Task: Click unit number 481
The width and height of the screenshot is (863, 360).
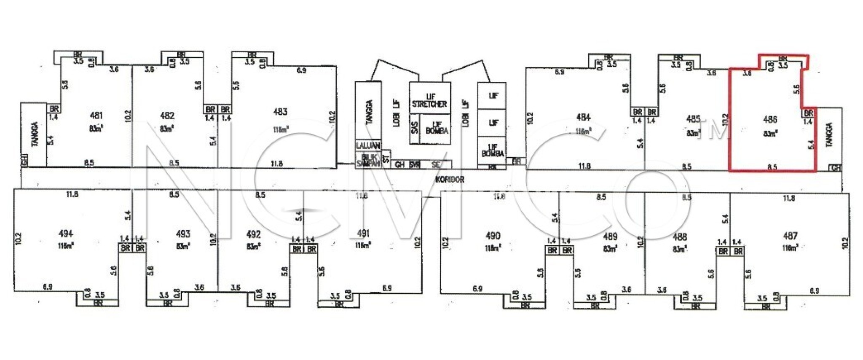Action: point(96,115)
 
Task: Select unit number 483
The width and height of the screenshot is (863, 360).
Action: point(280,112)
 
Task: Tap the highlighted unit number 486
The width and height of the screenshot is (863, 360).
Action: point(770,120)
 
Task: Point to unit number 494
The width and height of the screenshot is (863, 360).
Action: point(66,234)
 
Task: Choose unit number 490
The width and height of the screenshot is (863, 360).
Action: point(493,236)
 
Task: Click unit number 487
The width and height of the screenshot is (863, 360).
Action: point(790,236)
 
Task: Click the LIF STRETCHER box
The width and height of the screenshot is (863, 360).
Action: point(429,100)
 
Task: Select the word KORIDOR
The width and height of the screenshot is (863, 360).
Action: point(450,180)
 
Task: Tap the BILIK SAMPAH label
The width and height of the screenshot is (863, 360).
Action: point(368,160)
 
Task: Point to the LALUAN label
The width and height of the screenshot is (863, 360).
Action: point(368,145)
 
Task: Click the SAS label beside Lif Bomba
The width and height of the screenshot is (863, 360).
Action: point(414,128)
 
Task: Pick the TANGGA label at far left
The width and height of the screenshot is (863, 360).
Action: point(35,134)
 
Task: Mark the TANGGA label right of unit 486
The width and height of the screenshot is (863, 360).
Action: point(829,134)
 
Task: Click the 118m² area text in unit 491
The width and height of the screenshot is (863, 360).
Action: point(363,245)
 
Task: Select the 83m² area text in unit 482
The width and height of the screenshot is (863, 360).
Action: point(167,129)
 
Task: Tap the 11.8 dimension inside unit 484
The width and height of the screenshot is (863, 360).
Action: point(584,166)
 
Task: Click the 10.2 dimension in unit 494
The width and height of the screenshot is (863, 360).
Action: point(18,238)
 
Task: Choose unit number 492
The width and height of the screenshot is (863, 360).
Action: point(253,234)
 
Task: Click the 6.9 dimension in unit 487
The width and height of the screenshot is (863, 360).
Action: point(814,291)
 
